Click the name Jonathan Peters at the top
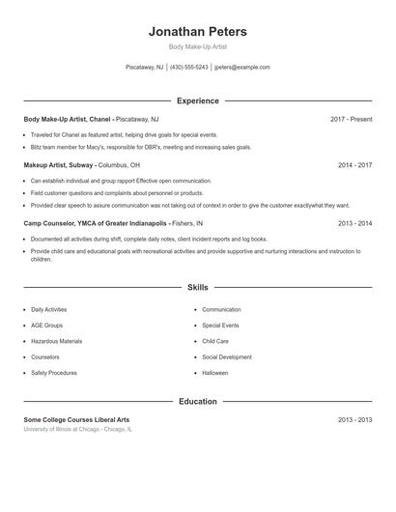click(x=197, y=32)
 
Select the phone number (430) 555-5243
click(x=188, y=68)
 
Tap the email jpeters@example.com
click(x=242, y=68)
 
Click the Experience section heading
click(x=197, y=100)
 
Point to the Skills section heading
click(x=197, y=287)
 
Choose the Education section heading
click(x=197, y=401)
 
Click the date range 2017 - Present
click(x=351, y=119)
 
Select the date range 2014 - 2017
click(x=354, y=165)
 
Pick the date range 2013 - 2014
click(x=354, y=223)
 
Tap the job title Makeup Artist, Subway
click(x=58, y=165)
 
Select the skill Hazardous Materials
click(x=56, y=341)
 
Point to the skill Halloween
click(x=214, y=372)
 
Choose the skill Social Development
click(x=227, y=356)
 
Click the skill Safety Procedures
click(x=54, y=372)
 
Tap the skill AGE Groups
click(x=46, y=326)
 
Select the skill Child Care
click(x=215, y=341)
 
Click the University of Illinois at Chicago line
click(x=78, y=429)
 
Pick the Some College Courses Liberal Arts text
click(x=76, y=419)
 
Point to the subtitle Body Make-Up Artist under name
click(x=197, y=46)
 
